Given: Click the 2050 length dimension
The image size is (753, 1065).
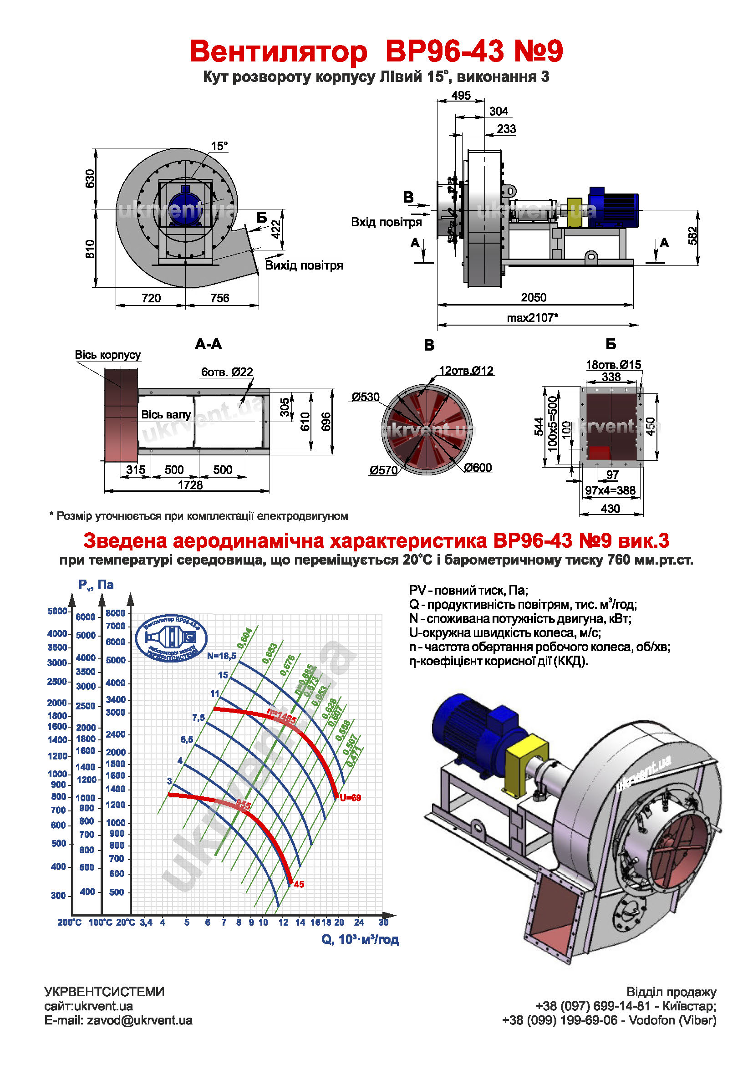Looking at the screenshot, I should pyautogui.click(x=533, y=297).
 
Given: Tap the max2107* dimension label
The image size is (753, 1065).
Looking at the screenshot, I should pyautogui.click(x=532, y=318).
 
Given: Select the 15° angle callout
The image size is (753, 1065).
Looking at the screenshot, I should pyautogui.click(x=219, y=146).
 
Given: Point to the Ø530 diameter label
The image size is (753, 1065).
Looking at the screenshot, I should pyautogui.click(x=366, y=397).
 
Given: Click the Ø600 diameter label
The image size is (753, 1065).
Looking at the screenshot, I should pyautogui.click(x=478, y=468).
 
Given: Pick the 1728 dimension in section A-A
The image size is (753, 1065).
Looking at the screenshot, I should pyautogui.click(x=190, y=485).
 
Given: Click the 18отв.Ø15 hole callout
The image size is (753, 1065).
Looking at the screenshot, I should pyautogui.click(x=613, y=365).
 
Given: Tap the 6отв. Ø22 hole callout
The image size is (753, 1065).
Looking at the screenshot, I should pyautogui.click(x=227, y=372).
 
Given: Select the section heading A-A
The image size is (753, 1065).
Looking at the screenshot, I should pyautogui.click(x=208, y=344).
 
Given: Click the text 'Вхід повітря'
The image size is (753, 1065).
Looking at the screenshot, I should pyautogui.click(x=386, y=222).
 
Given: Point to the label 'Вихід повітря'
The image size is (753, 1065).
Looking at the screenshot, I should pyautogui.click(x=304, y=265).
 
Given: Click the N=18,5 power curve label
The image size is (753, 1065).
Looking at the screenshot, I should pyautogui.click(x=221, y=656).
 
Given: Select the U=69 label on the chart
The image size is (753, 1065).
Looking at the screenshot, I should pyautogui.click(x=350, y=798).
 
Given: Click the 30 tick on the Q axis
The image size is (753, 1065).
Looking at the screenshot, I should pyautogui.click(x=383, y=922).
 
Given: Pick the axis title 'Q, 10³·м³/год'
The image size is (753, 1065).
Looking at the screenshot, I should pyautogui.click(x=360, y=939).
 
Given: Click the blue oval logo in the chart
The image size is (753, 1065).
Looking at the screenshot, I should pyautogui.click(x=171, y=638).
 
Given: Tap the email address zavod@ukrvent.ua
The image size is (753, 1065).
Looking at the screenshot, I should pyautogui.click(x=139, y=1020).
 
